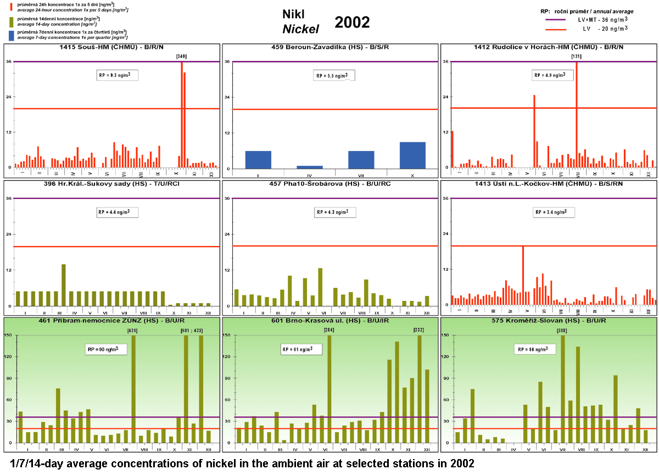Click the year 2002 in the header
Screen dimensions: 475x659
pos(352,22)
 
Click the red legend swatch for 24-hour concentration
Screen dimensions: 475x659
pos(12,7)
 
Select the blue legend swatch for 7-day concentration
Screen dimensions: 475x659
pos(12,35)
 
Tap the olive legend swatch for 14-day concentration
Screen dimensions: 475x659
pos(12,21)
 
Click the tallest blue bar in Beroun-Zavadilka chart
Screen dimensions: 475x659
pos(412,155)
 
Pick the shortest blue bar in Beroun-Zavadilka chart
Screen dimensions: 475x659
pos(309,167)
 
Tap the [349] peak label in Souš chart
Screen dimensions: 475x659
pos(181,56)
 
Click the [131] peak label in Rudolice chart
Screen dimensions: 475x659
pos(576,56)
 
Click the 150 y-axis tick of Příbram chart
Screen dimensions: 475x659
pos(9,335)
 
